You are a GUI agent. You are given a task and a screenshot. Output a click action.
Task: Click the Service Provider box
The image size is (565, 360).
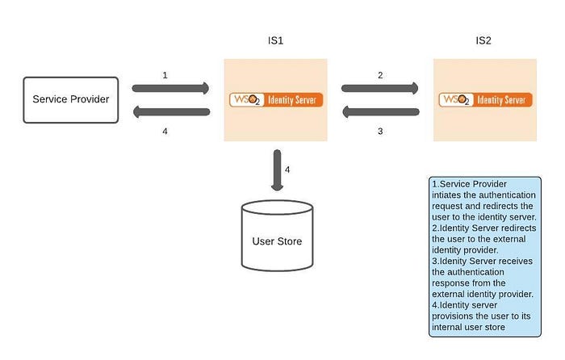71,100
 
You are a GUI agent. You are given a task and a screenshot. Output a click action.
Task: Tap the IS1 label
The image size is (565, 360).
274,40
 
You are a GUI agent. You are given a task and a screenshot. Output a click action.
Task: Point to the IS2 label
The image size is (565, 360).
484,40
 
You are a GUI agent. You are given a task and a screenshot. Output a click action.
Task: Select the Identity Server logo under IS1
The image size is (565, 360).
275,100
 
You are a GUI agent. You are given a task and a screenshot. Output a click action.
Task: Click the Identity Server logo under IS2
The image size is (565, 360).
485,100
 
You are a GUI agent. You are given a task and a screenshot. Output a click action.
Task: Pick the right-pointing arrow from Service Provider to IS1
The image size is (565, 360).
171,88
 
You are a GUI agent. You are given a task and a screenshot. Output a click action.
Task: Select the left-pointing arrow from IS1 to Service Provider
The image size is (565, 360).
171,112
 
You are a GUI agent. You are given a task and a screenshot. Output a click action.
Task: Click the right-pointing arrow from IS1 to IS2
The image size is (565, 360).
380,88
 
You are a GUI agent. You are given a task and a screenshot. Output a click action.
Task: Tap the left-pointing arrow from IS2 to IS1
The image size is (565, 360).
380,112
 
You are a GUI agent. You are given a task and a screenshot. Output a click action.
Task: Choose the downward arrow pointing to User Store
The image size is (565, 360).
276,170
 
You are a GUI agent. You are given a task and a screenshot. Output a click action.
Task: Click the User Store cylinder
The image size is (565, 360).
276,236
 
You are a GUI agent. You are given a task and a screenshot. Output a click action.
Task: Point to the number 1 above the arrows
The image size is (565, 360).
165,74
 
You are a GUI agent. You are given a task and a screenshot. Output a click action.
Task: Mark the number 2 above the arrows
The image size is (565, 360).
379,74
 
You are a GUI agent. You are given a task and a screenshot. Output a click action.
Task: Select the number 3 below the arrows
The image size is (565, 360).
379,131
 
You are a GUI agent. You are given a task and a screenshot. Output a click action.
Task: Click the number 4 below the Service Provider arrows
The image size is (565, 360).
165,131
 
